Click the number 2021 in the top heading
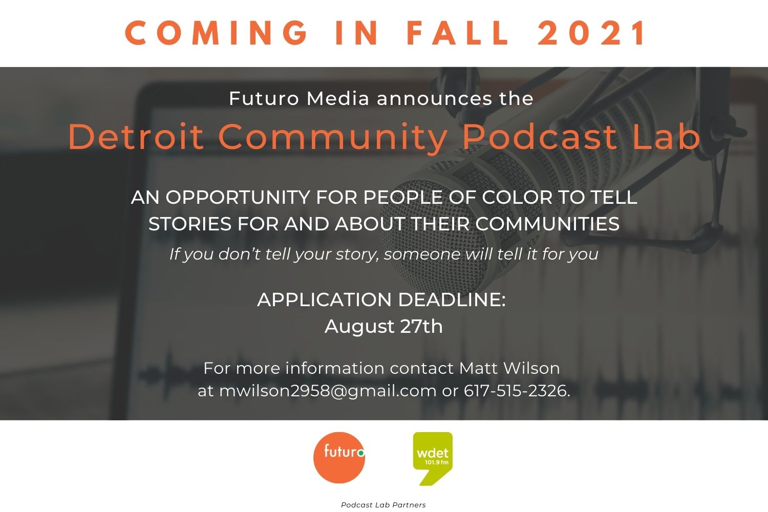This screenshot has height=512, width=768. coord(591,33)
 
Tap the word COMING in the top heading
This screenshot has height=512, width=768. coord(216,33)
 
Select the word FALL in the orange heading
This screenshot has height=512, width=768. coord(457,33)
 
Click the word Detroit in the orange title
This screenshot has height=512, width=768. coord(137,137)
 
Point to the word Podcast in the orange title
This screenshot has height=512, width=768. coord(540,137)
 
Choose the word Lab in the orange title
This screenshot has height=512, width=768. coord(666,137)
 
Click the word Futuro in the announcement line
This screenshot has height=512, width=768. coord(264,98)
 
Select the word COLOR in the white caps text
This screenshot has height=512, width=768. coord(517,198)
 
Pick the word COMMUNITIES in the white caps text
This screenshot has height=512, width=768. coord(547,224)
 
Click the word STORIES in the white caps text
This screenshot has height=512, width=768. coord(190,224)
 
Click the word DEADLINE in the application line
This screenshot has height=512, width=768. coord(452,300)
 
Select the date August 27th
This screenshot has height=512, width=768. coord(383,326)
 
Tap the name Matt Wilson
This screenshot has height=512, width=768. coord(509,368)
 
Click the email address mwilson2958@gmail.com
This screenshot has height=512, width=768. coord(328,391)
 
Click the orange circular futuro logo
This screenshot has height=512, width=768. coord(339,458)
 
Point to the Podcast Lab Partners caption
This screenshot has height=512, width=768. coord(383,505)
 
